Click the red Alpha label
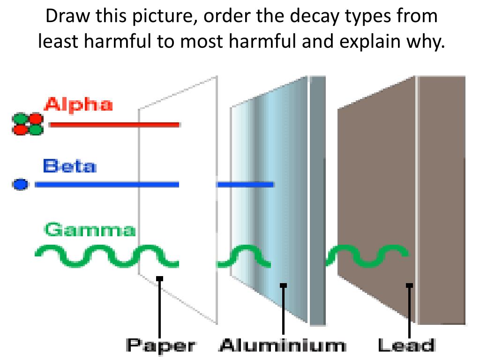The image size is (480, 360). (x=78, y=104)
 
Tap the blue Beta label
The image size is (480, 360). (x=69, y=166)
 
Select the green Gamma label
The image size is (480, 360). (x=90, y=230)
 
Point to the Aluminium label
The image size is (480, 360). (x=283, y=346)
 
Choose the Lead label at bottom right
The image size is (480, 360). (x=406, y=346)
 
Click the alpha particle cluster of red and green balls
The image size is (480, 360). (x=27, y=124)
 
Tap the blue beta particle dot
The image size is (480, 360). (x=20, y=185)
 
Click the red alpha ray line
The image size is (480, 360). (x=114, y=125)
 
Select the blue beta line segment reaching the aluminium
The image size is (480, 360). (x=245, y=185)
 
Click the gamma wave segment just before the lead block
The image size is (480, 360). (x=367, y=256)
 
